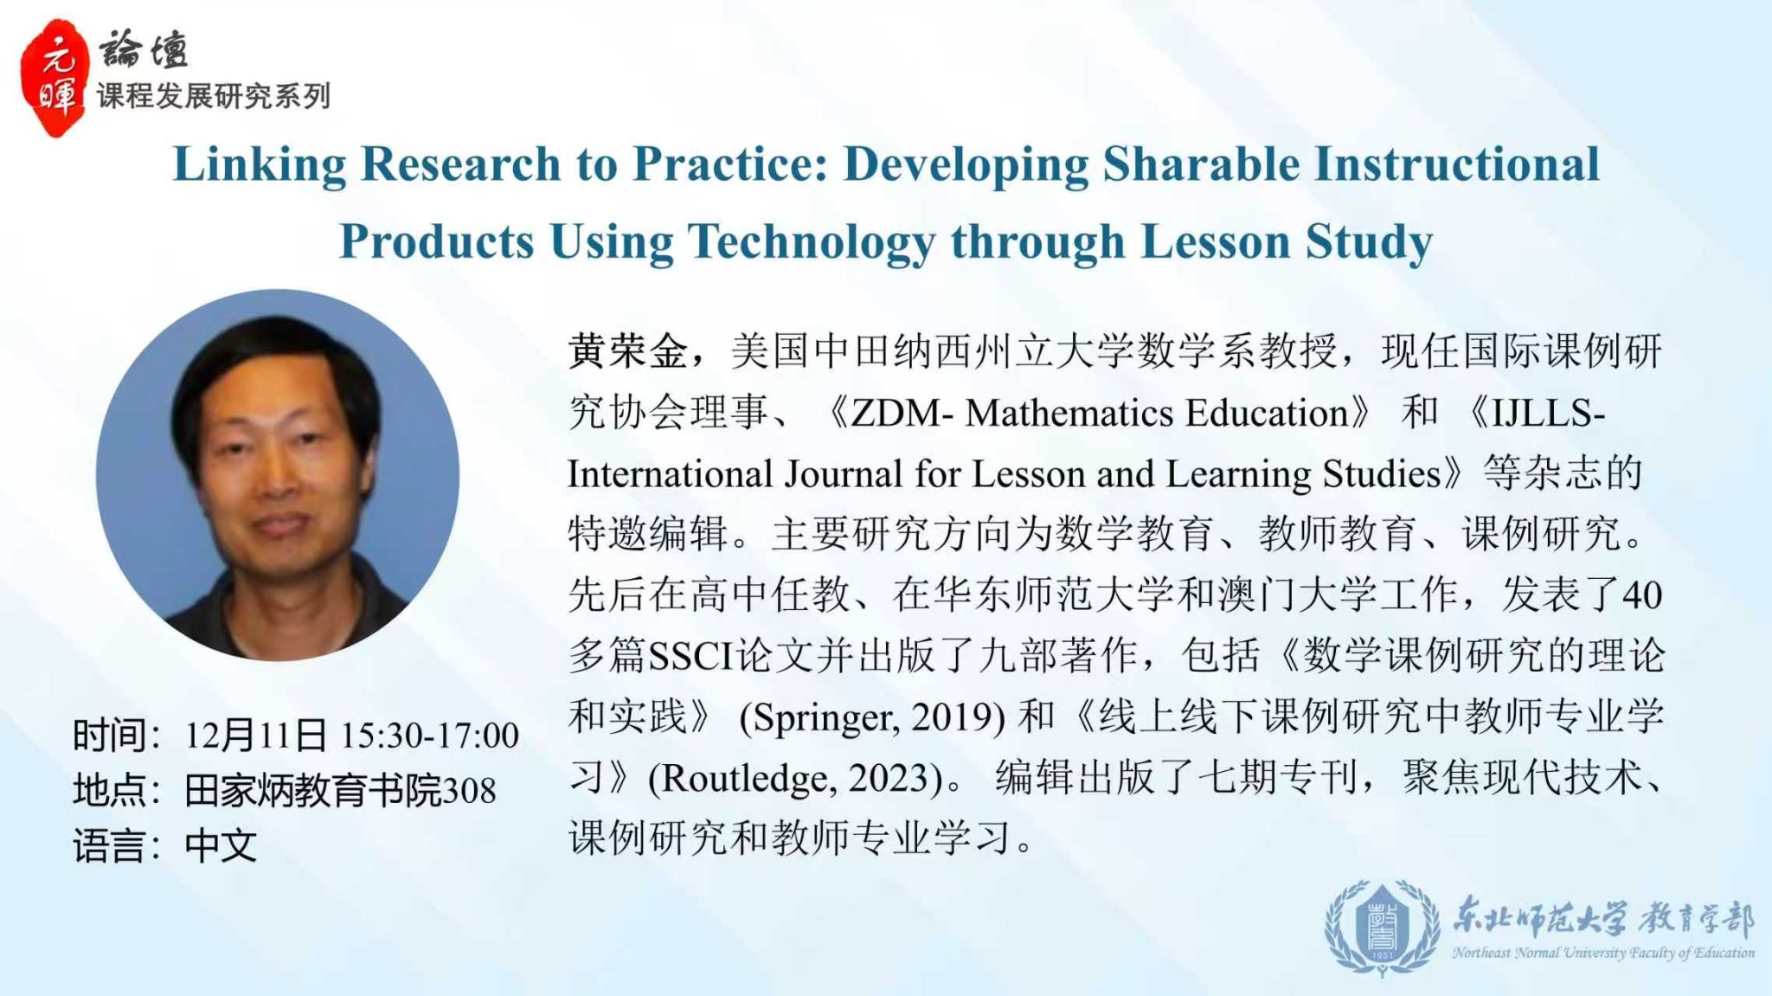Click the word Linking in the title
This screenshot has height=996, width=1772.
(x=259, y=165)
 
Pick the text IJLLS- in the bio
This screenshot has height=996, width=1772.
(x=1549, y=414)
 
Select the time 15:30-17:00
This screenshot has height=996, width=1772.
(x=429, y=736)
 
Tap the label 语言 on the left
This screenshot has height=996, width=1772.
(x=109, y=846)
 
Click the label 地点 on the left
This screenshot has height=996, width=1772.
(x=109, y=791)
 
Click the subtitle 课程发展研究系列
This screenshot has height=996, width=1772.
(x=214, y=96)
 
